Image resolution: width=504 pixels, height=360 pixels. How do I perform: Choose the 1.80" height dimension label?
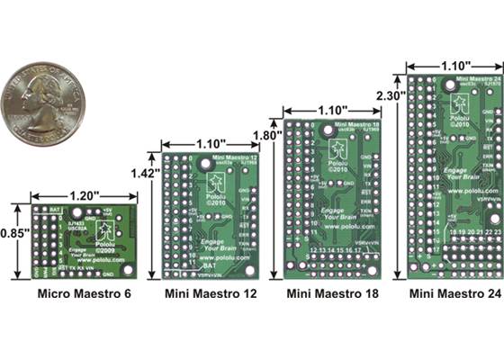tap(262, 135)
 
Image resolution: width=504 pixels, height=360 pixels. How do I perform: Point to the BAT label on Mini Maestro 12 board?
tap(208, 266)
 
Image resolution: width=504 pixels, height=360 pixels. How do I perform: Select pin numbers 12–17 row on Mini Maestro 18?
tap(328, 249)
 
